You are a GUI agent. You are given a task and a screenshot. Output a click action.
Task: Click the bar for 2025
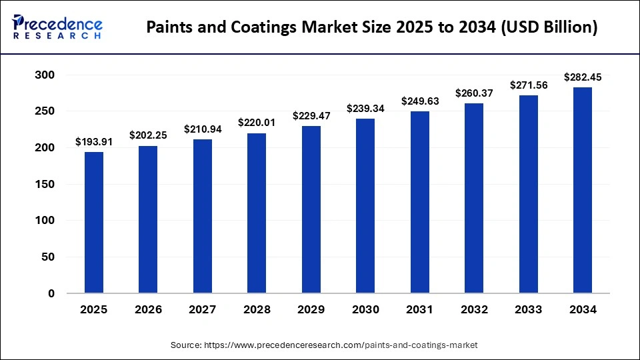coord(93,223)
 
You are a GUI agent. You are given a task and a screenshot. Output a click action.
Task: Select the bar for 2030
coord(365,206)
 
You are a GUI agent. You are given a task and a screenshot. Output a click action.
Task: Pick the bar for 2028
coord(257,213)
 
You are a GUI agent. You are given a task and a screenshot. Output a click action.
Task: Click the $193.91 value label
coord(93,141)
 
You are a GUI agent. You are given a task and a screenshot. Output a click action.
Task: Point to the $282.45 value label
coord(583,77)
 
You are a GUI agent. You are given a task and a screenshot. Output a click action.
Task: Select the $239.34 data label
coord(365,108)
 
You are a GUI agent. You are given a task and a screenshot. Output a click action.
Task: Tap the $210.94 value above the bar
coord(203,129)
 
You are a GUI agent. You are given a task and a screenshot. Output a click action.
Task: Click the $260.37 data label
coord(474,93)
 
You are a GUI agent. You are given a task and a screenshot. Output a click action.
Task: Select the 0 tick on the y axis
coord(51,293)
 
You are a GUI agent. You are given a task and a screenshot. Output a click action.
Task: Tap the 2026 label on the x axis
coord(148,309)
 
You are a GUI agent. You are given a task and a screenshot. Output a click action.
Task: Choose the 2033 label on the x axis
coord(529,309)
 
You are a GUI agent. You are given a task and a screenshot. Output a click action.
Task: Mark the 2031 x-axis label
coord(420,309)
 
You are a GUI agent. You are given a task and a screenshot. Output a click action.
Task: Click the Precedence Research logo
coord(57,27)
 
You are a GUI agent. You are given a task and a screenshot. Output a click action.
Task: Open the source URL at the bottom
coord(341,345)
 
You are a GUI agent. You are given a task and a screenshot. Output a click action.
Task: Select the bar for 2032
coord(474,199)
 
